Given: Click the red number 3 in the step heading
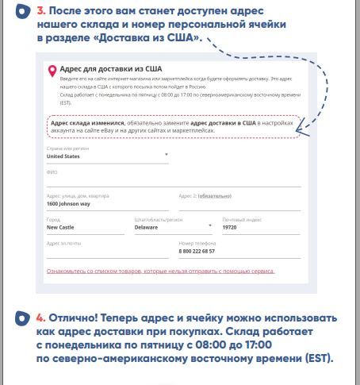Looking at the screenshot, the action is [40, 11].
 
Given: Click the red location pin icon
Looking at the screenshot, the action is [53, 71].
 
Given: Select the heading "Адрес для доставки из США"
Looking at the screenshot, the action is [101, 69].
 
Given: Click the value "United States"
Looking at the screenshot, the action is [63, 157].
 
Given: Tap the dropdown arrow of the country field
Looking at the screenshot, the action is [167, 154].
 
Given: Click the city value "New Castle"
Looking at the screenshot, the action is [61, 227].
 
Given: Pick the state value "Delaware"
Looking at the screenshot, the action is [146, 227].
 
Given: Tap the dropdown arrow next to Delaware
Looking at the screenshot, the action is [209, 225].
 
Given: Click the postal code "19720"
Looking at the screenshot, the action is [229, 227].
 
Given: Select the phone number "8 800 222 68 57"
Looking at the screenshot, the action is [197, 252].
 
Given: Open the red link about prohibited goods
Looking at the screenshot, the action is [160, 271].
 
